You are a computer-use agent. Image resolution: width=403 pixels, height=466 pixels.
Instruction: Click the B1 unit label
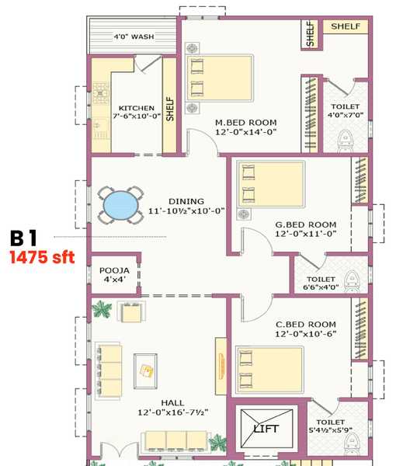click(28, 237)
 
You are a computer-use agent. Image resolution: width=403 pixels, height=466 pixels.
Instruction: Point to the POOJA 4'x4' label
click(113, 275)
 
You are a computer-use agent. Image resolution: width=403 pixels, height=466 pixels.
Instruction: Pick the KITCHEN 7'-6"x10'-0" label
click(137, 113)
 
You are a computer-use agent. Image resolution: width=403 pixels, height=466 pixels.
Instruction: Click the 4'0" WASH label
click(133, 37)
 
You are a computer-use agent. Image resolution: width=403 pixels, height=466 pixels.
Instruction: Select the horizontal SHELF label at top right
click(346, 26)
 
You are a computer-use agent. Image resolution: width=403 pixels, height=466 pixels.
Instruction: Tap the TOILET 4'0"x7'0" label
click(346, 110)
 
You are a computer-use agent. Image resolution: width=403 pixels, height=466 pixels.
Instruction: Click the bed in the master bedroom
click(220, 77)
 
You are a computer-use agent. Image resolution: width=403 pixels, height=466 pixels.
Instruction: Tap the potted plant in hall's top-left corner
click(101, 309)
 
